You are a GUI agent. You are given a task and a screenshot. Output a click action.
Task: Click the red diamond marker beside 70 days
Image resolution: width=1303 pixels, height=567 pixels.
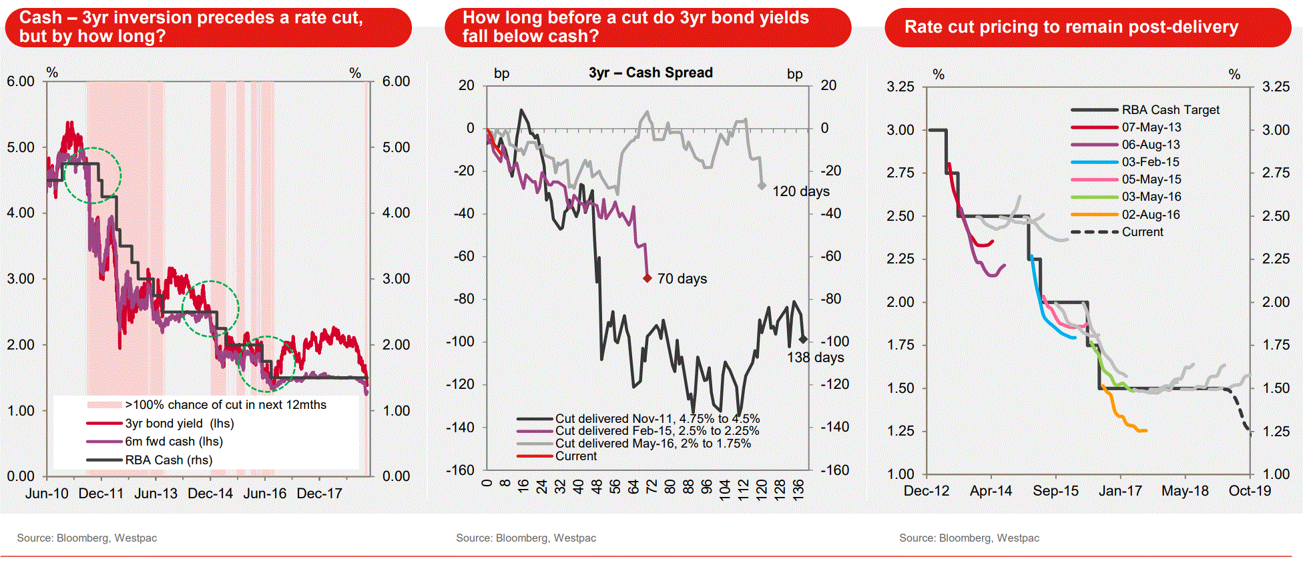coord(647,278)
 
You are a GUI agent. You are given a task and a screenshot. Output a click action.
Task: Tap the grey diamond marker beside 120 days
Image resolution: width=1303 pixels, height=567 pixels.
coord(762,186)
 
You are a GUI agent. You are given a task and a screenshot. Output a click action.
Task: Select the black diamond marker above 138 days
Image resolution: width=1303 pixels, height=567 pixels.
coord(803,340)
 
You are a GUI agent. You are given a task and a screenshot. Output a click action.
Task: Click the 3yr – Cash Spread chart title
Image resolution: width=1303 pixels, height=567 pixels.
coord(650,73)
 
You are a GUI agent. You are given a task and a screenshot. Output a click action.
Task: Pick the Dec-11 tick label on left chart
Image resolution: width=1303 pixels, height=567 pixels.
coord(101,494)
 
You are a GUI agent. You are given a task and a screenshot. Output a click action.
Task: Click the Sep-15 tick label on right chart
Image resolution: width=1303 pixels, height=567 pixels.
coord(1055,491)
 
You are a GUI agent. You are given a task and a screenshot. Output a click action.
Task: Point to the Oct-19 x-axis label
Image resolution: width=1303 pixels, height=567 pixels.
coord(1250,491)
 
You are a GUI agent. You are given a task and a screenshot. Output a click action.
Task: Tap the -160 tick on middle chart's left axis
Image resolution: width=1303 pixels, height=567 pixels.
coord(460,470)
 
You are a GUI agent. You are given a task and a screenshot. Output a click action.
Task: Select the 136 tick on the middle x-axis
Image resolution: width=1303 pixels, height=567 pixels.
coord(798,488)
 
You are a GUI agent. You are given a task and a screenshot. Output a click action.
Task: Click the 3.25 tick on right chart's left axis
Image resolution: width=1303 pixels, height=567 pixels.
coord(900,87)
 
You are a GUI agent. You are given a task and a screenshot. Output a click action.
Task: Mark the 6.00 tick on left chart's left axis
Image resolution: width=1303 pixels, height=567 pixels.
coord(21,81)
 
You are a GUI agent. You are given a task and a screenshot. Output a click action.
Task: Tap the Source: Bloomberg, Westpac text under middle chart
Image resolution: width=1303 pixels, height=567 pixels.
coord(526,538)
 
